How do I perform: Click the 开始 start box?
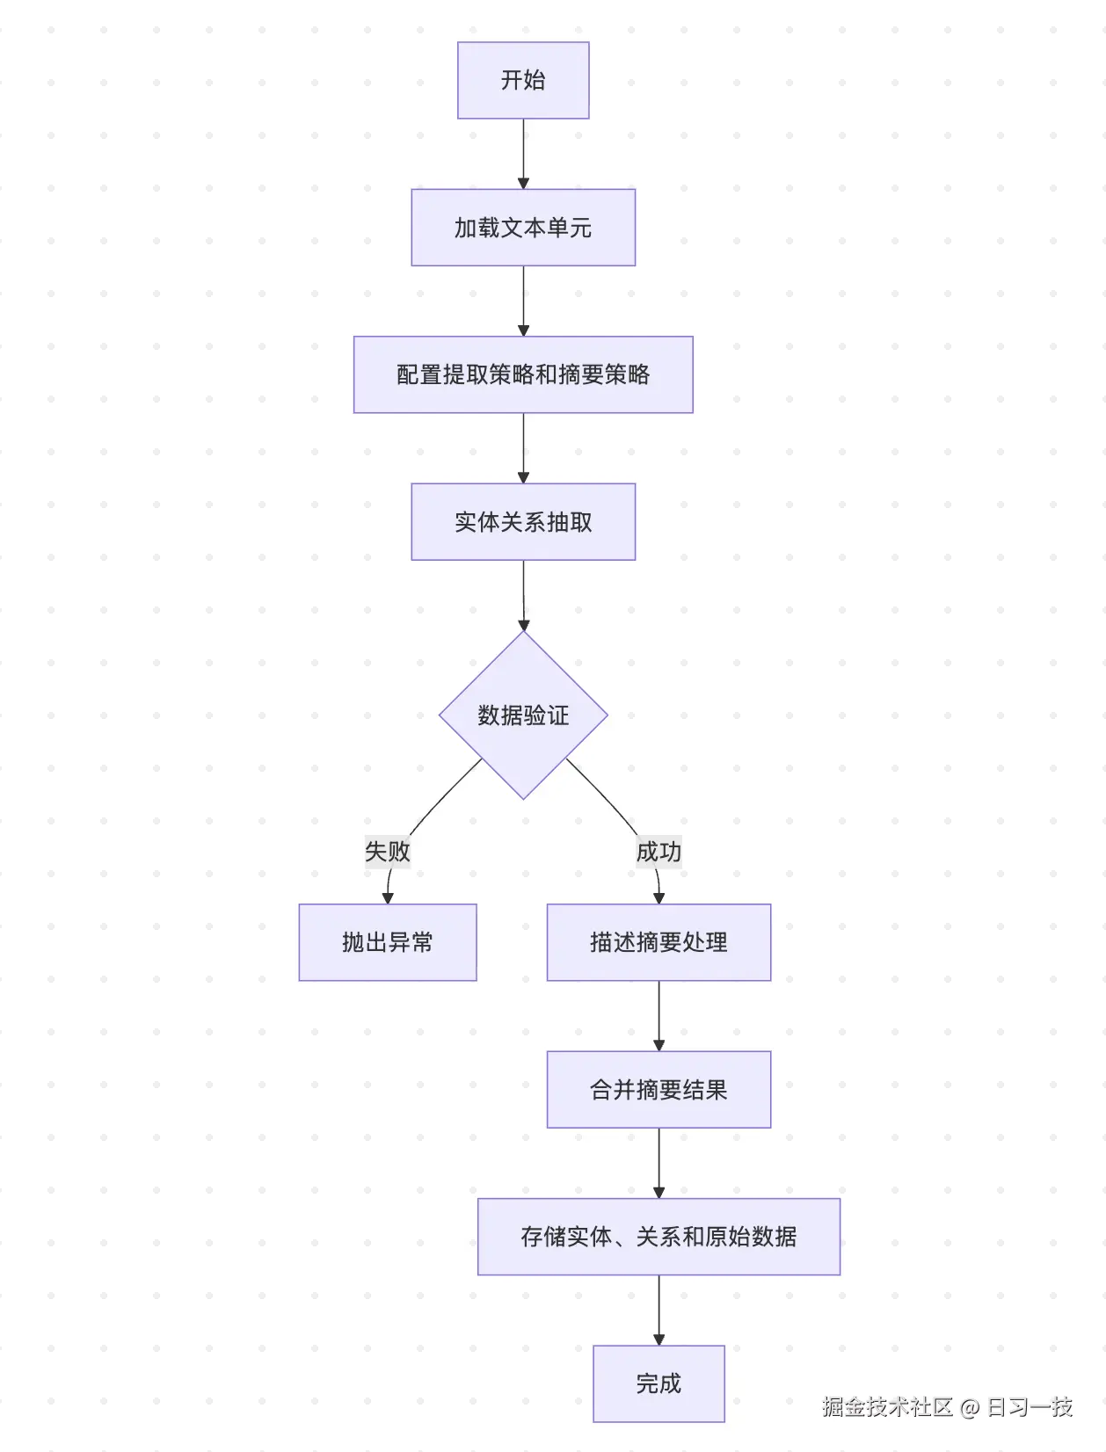523,80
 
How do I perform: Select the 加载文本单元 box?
523,228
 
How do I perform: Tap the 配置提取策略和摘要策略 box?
523,374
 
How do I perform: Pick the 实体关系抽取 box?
523,522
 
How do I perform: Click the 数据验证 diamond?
523,715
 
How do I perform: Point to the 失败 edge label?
388,851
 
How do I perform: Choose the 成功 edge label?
659,851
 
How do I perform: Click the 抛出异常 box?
388,942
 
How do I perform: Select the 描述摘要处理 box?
659,942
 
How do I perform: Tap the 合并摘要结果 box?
659,1090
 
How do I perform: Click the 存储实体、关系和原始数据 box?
659,1237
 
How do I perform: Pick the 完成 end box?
659,1383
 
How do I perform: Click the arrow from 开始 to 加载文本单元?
523,154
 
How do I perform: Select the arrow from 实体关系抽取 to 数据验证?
523,596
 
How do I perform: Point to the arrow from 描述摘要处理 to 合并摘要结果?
659,1016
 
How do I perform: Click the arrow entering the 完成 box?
659,1310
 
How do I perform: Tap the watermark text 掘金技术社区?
887,1407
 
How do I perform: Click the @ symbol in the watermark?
970,1407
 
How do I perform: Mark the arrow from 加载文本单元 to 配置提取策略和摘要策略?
523,301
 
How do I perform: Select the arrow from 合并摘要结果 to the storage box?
659,1163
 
